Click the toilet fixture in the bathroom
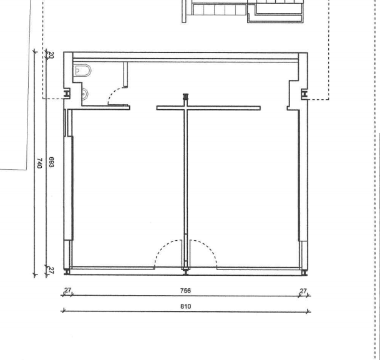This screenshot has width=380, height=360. tap(82, 71)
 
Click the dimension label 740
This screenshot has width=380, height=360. tap(39, 163)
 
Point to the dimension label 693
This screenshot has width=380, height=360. tap(51, 162)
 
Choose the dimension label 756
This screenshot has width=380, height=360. tap(186, 291)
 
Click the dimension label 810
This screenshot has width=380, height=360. tap(186, 306)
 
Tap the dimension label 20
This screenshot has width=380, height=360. tap(51, 55)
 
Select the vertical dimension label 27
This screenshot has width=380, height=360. tap(51, 270)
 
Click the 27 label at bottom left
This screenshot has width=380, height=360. tap(67, 290)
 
